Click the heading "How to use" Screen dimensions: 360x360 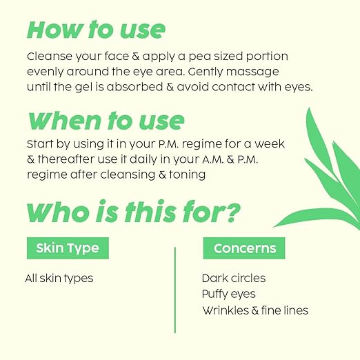point(96,30)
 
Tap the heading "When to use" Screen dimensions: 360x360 point(106,121)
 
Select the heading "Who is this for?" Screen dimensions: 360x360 point(133,212)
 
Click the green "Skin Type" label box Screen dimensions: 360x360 point(68,248)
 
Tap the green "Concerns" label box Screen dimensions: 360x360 point(244,248)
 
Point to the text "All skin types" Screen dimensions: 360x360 point(59,279)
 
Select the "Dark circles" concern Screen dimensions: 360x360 point(233,279)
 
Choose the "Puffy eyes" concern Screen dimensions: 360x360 point(228,294)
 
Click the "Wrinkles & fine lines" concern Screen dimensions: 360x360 point(254,310)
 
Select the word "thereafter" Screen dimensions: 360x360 point(70,161)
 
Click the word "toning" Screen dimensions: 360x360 point(186,175)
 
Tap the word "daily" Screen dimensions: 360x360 point(161,161)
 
